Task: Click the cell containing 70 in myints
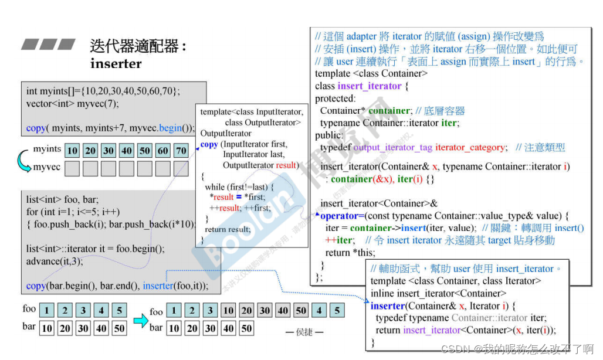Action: (x=181, y=151)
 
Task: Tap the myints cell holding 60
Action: (x=163, y=151)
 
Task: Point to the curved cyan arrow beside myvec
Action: (x=23, y=161)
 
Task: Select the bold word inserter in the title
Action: (x=116, y=63)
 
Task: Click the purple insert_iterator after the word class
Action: (x=370, y=86)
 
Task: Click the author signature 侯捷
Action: (x=304, y=332)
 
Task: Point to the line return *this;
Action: (x=350, y=253)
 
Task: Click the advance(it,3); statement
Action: (x=55, y=261)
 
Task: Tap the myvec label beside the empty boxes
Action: (x=46, y=167)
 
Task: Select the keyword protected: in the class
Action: (x=335, y=99)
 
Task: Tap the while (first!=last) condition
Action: (x=239, y=186)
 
